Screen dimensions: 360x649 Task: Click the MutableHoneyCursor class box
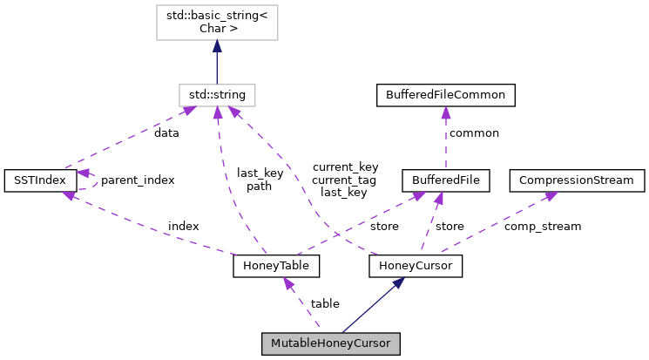(330, 343)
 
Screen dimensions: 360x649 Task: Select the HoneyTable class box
(276, 266)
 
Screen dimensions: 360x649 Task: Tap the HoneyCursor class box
(415, 266)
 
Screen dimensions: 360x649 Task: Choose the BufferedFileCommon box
(445, 94)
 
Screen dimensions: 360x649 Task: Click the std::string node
(217, 94)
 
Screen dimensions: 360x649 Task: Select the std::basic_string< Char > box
(217, 20)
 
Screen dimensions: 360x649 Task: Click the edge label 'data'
(166, 133)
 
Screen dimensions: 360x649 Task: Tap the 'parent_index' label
(138, 180)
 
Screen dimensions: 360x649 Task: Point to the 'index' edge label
(183, 226)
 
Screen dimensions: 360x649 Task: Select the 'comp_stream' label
(543, 226)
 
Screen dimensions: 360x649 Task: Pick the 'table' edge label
(325, 303)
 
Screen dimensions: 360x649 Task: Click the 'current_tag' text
(345, 179)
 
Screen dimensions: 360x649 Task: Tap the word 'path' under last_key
(260, 186)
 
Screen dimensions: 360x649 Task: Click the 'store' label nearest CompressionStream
(450, 226)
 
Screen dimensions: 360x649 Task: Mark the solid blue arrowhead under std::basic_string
(217, 47)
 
